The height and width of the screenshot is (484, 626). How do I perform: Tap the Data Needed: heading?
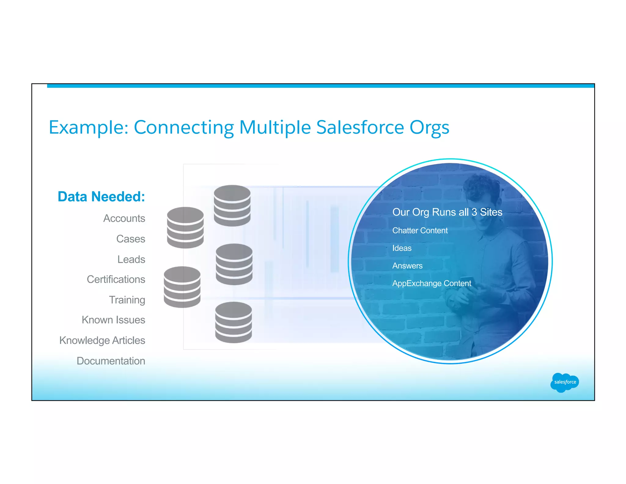point(101,197)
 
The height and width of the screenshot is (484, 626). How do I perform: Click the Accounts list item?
point(124,218)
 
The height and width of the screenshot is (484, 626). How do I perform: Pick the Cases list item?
point(131,239)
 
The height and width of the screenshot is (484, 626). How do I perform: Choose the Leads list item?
point(131,259)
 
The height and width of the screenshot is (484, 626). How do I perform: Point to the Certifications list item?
point(116,279)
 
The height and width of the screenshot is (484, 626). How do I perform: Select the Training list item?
point(127,300)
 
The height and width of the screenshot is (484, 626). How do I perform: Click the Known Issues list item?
point(113,320)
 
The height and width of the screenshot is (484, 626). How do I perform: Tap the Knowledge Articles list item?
point(102,341)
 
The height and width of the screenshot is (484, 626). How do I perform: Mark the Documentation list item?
point(111,361)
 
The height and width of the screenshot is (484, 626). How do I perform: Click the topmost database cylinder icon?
point(232,205)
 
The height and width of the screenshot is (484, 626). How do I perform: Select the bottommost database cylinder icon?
point(234,322)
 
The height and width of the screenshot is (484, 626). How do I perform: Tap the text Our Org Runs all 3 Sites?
point(447,212)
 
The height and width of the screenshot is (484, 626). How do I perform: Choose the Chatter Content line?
point(420,230)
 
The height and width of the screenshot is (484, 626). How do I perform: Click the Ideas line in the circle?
point(402,248)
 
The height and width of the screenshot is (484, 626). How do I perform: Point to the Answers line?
point(407,266)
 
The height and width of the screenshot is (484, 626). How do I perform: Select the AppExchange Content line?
point(432,283)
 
